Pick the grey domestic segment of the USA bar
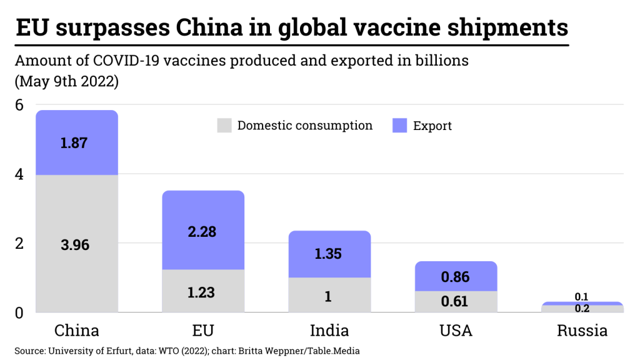coord(456,302)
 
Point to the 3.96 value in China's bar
coord(75,245)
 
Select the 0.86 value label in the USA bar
coord(455,277)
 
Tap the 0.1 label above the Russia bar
coord(581,297)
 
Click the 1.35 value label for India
coord(329,254)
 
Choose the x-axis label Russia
coord(582,331)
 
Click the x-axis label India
coord(329,331)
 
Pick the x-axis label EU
coord(203,331)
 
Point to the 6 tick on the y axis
coord(19,105)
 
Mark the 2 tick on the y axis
coord(19,243)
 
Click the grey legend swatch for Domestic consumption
coord(224,125)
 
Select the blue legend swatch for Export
coord(400,126)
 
